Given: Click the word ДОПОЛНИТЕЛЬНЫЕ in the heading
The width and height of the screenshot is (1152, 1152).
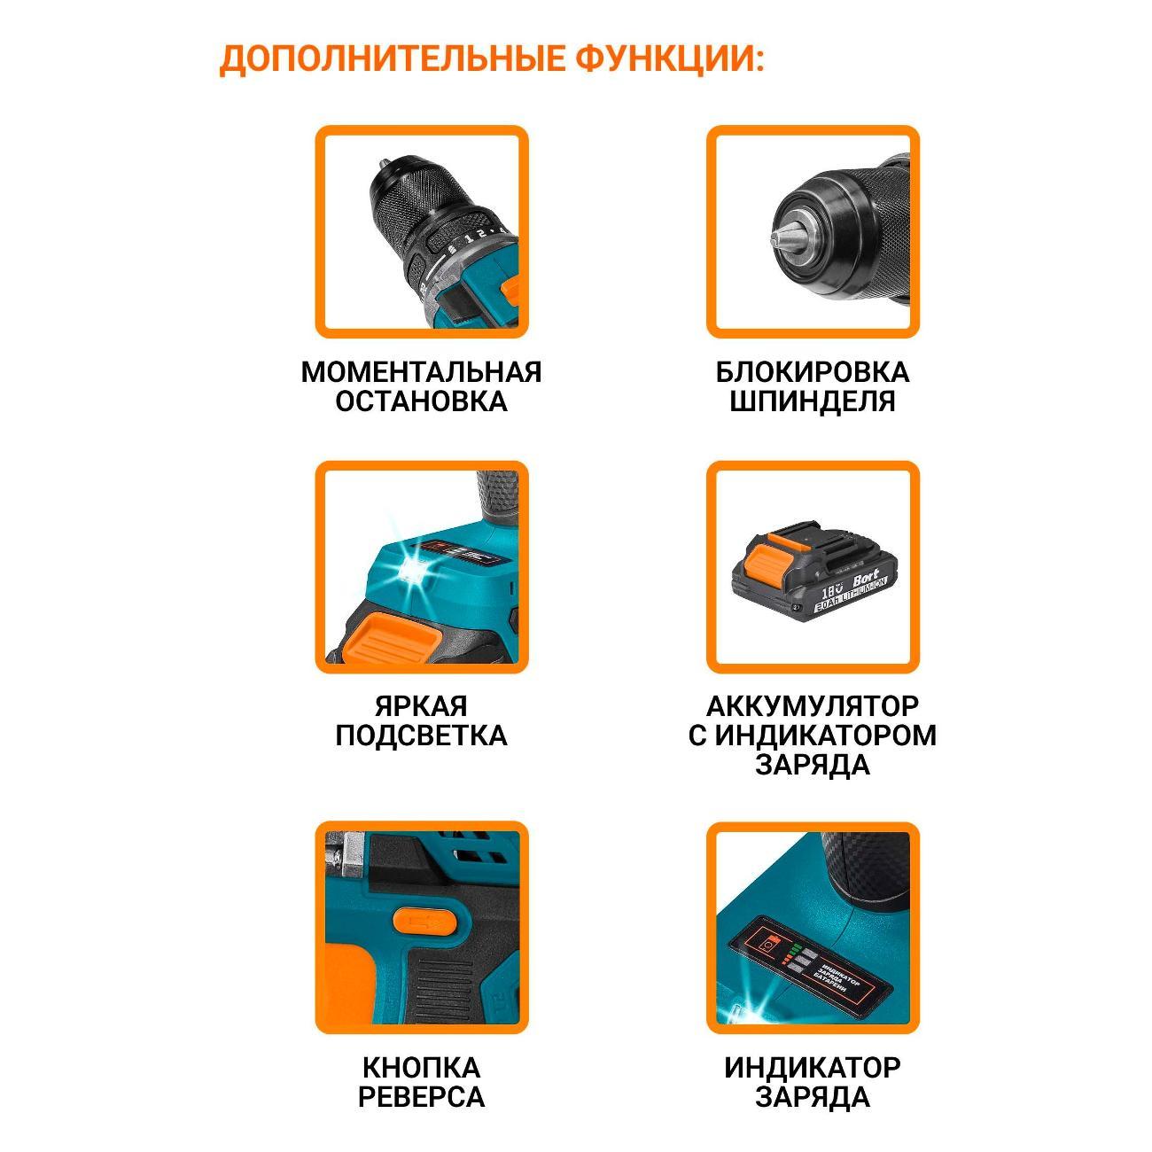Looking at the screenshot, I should point(392,59).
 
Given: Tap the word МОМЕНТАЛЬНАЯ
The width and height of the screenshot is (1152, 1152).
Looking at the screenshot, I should point(421,372).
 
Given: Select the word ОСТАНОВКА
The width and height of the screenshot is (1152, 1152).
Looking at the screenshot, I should point(421,401).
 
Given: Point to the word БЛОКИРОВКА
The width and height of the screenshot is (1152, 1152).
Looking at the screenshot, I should point(813,372).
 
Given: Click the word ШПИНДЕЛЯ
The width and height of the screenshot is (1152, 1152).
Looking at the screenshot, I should point(813,401).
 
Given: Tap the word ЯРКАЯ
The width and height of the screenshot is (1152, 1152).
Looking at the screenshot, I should point(421,706).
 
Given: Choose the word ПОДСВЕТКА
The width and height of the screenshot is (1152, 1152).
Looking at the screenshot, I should point(421,736).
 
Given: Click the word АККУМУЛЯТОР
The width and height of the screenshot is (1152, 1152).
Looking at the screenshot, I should point(813,706).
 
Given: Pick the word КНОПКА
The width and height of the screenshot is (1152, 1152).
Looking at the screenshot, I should point(421,1068).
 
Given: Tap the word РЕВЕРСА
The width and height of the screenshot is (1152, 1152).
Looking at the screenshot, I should point(421,1097).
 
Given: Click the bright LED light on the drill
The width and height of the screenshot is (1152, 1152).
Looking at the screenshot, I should point(413,564).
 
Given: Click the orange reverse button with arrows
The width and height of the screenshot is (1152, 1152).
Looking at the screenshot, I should point(425,922).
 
